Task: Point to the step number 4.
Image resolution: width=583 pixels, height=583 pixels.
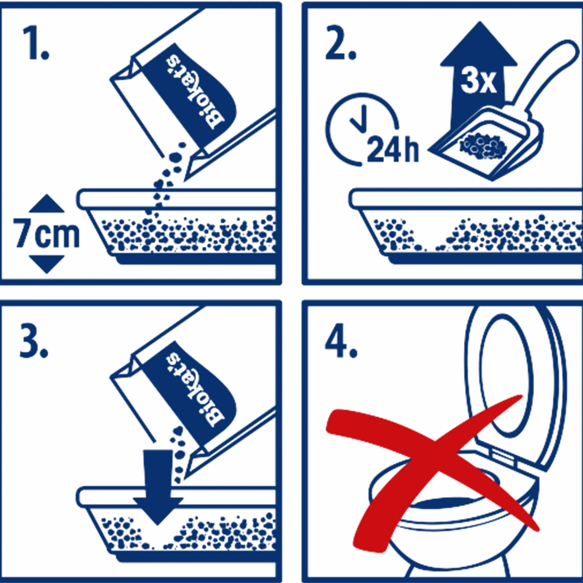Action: click(x=341, y=341)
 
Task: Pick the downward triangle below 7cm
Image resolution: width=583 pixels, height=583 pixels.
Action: click(x=46, y=264)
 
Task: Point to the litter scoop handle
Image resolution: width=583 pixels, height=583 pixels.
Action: click(x=549, y=80)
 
